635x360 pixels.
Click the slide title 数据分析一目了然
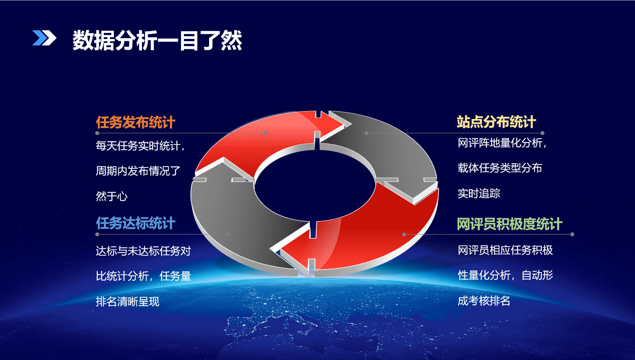tap(157, 40)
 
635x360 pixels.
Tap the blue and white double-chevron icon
tap(44, 38)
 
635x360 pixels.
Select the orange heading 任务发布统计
tap(135, 122)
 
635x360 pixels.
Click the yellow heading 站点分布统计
tap(496, 122)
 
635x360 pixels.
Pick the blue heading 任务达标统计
tap(135, 223)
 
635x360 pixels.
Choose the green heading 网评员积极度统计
tap(510, 224)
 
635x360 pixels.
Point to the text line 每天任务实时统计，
tap(141, 146)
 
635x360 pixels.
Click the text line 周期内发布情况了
tap(138, 171)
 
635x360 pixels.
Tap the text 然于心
tap(112, 196)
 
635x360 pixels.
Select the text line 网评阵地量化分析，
tap(503, 143)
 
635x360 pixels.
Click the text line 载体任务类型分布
tap(500, 168)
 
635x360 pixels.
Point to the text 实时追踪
tap(479, 193)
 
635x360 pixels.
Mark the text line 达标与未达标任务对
tap(143, 251)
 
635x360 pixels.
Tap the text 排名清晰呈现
tap(128, 301)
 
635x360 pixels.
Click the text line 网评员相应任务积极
tap(506, 250)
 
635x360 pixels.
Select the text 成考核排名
tap(484, 301)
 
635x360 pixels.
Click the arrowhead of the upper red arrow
tap(333, 124)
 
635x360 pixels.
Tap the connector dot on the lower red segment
tap(404, 235)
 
